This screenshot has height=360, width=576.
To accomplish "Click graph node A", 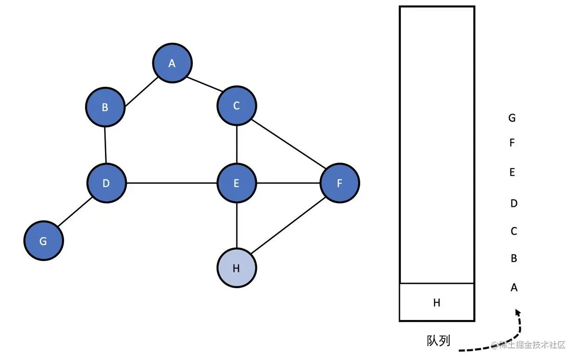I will [x=172, y=63].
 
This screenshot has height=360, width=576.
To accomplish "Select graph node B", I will [x=105, y=107].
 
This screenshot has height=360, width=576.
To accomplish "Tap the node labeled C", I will [x=236, y=106].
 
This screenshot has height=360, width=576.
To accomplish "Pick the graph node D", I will [x=106, y=183].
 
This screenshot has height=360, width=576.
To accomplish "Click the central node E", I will [x=237, y=183].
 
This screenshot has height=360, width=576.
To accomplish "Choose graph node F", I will [x=340, y=183].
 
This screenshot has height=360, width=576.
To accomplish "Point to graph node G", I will [x=43, y=241].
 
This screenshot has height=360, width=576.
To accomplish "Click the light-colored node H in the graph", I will [x=236, y=268].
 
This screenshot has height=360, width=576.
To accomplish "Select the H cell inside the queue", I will [x=437, y=302].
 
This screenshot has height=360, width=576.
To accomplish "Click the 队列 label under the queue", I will [x=439, y=340].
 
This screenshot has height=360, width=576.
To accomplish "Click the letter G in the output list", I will [x=512, y=118].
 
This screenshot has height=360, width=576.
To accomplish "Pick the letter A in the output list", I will [x=514, y=288].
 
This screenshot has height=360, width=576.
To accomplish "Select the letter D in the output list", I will [x=514, y=203].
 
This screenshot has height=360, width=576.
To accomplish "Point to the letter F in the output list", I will [x=512, y=143].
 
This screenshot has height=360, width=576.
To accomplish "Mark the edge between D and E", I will [x=172, y=183].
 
